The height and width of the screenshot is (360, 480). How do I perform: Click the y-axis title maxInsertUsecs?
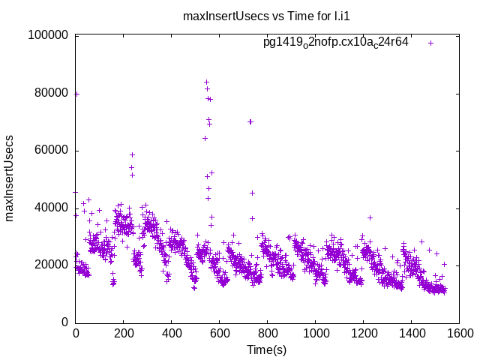[10, 178]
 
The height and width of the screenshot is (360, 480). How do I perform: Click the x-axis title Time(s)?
[267, 349]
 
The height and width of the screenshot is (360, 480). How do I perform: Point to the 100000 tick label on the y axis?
[48, 35]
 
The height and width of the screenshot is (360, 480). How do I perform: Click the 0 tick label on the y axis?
[66, 322]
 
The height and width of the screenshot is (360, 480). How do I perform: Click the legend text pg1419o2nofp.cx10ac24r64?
[335, 43]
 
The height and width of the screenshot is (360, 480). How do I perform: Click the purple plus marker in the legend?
[431, 43]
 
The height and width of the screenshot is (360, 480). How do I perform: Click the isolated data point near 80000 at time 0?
[76, 94]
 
